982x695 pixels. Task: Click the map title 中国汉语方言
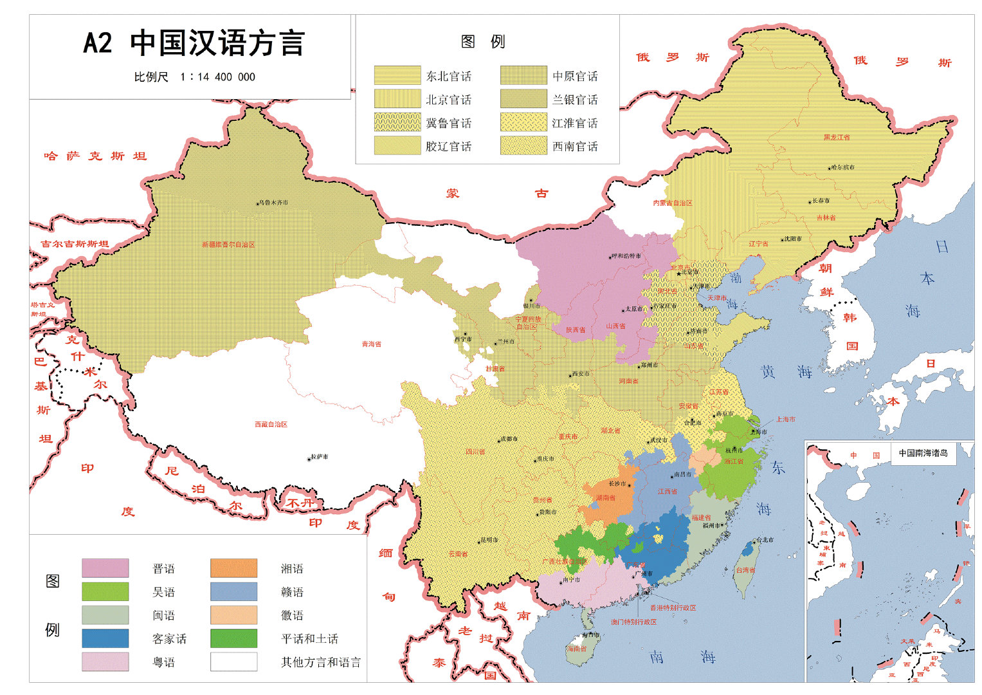[217, 44]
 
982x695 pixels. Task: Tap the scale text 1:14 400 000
[217, 77]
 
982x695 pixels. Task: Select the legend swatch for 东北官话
[397, 76]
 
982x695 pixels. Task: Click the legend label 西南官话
[575, 147]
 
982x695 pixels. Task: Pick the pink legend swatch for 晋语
[105, 568]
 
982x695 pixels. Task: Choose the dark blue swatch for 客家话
[105, 638]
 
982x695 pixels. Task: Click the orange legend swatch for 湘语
[233, 568]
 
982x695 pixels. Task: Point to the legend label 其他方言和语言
[320, 662]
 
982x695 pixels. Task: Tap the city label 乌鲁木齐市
[273, 203]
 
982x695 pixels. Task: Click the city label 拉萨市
[319, 457]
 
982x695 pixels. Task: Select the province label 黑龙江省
[837, 137]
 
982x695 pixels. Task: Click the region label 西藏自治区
[271, 425]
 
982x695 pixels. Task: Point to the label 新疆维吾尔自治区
[228, 245]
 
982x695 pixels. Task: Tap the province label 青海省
[371, 344]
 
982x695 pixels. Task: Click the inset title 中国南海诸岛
[923, 453]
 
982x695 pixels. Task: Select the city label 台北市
[765, 540]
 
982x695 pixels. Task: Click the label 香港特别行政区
[673, 607]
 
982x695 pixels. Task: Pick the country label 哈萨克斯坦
[95, 156]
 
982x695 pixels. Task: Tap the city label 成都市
[509, 439]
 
